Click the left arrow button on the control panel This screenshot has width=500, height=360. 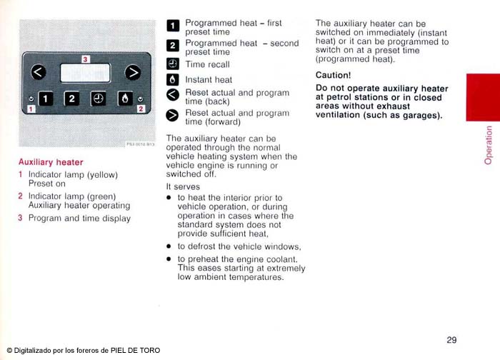tap(39, 72)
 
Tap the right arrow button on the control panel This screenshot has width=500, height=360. tap(132, 72)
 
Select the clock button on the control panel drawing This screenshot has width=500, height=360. tap(98, 99)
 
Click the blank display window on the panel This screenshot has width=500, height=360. tap(85, 73)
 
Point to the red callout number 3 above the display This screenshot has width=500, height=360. tap(85, 59)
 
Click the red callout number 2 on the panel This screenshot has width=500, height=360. tap(141, 109)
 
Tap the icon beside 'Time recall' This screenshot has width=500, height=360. tap(172, 64)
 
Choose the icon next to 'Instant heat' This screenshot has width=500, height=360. tap(172, 80)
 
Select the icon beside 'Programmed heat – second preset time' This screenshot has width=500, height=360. tap(172, 46)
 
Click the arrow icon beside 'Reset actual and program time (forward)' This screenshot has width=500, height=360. tap(172, 116)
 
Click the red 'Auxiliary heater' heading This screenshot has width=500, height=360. tap(51, 162)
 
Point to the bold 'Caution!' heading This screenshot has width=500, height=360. tap(333, 74)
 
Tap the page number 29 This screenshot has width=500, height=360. tap(451, 339)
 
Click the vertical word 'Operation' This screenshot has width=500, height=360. tap(489, 145)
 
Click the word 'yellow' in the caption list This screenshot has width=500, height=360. tap(103, 174)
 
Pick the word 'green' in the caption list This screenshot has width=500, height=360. tap(101, 196)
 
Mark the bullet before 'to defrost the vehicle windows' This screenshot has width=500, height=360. tap(169, 246)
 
